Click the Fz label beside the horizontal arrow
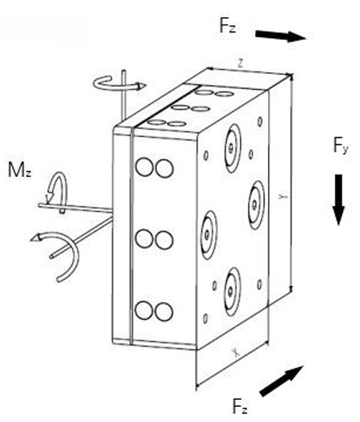click(x=228, y=26)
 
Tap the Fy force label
click(x=341, y=146)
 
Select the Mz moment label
click(x=20, y=170)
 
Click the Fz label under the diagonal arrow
click(x=239, y=406)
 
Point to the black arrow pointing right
click(x=281, y=36)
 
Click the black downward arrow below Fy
click(x=339, y=199)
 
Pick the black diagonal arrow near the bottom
click(x=281, y=381)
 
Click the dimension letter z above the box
click(x=241, y=63)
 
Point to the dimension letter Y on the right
click(x=283, y=196)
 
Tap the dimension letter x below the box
click(x=236, y=353)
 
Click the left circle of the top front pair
click(x=144, y=167)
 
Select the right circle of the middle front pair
click(x=164, y=240)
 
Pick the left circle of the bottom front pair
click(x=144, y=311)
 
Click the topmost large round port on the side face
click(x=233, y=149)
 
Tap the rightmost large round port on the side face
click(x=256, y=205)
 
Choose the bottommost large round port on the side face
click(x=232, y=292)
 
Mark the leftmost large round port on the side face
click(x=209, y=235)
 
